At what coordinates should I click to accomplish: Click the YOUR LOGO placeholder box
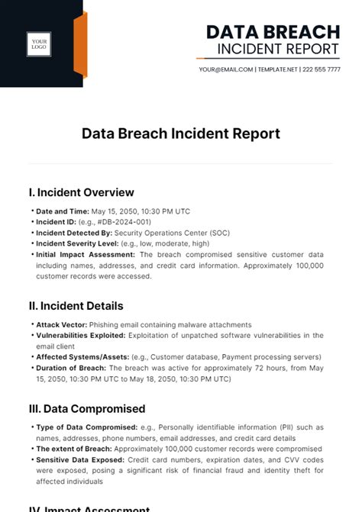(x=39, y=43)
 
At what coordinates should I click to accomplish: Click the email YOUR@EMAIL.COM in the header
(x=225, y=69)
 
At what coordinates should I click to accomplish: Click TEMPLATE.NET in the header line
(x=276, y=69)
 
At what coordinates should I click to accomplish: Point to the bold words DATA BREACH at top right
(x=273, y=32)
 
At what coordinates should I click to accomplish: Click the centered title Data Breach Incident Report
(x=181, y=134)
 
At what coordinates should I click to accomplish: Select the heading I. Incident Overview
(x=81, y=192)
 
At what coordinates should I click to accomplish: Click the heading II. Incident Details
(x=76, y=306)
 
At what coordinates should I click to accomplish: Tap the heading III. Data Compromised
(x=86, y=409)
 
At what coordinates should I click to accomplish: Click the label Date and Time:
(x=63, y=211)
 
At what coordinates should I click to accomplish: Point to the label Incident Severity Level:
(x=77, y=243)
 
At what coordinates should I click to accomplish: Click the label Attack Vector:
(x=61, y=324)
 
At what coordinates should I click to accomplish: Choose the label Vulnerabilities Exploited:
(x=81, y=335)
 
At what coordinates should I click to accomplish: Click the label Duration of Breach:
(x=71, y=367)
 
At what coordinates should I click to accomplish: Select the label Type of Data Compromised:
(x=86, y=427)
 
